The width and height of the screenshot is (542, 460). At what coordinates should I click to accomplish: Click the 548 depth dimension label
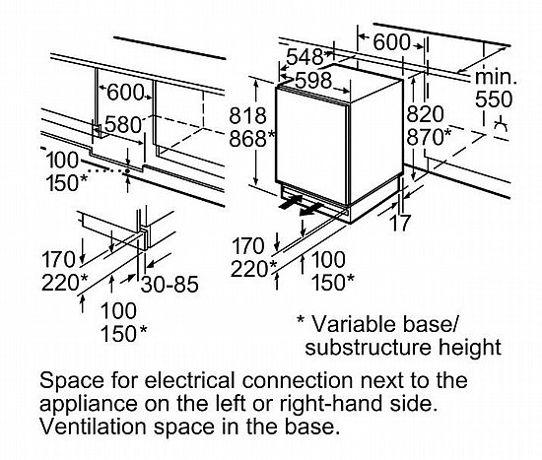coord(305,56)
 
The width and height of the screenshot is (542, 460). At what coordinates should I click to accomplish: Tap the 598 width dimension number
coord(313,81)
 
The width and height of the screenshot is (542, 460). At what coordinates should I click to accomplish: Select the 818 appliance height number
coord(247,115)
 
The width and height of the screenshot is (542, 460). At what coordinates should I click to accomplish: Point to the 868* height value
coord(252,138)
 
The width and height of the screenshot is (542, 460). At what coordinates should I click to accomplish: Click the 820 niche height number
coord(425,114)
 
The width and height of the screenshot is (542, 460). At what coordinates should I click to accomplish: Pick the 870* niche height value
coord(429,137)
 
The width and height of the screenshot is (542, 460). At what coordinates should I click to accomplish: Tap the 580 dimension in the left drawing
coord(123,125)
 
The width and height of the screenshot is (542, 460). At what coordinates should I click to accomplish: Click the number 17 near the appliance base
coord(400,223)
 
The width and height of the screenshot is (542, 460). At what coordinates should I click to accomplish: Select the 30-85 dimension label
coord(169,284)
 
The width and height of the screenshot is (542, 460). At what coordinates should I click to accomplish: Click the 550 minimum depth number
coord(494,99)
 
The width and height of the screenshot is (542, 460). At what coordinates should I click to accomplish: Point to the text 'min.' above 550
coord(496,77)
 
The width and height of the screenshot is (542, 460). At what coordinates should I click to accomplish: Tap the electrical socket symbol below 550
coord(501,126)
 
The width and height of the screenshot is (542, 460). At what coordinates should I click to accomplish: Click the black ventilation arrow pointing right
coord(291,202)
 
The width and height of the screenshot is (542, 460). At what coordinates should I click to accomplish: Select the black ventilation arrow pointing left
coord(310,210)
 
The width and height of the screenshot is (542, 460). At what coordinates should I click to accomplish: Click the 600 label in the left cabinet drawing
coord(125,93)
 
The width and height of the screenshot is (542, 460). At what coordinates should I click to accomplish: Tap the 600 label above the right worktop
coord(391,42)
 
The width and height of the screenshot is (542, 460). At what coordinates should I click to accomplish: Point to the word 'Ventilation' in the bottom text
coord(94,427)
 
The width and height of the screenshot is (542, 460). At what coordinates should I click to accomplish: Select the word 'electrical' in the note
coord(190,380)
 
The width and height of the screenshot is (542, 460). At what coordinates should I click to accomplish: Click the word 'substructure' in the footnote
coord(369,347)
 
